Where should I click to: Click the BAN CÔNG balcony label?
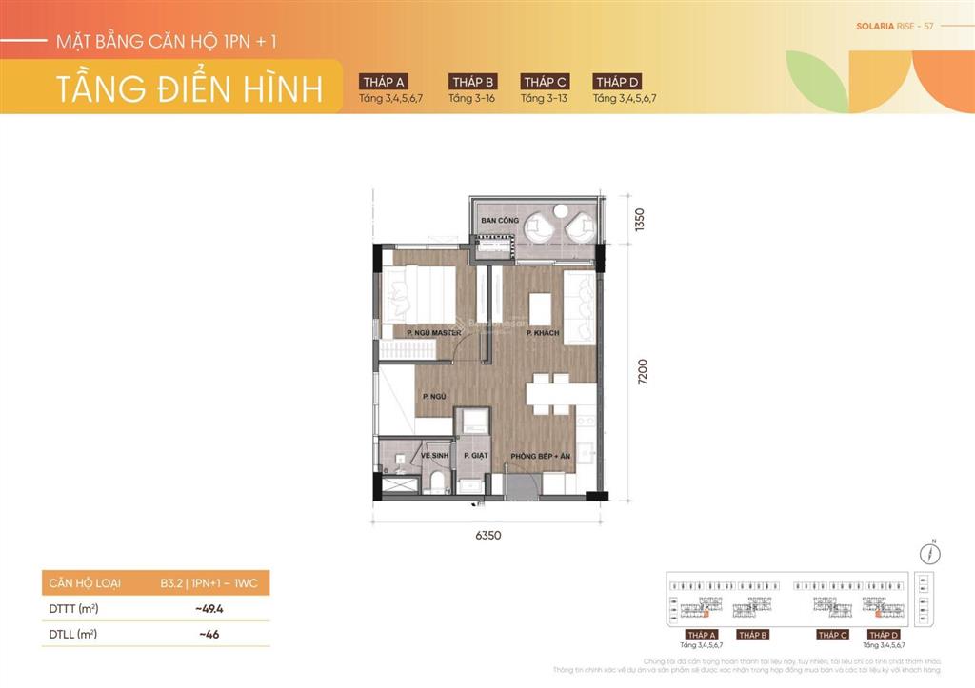click(500, 221)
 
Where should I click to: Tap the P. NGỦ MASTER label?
click(433, 333)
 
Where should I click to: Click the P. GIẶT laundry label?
click(474, 457)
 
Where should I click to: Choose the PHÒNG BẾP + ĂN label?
click(540, 457)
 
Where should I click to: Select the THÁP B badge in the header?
click(473, 82)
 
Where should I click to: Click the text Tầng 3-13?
click(544, 98)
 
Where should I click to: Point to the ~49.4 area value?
click(209, 608)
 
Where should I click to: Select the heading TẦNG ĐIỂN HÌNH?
click(189, 88)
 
